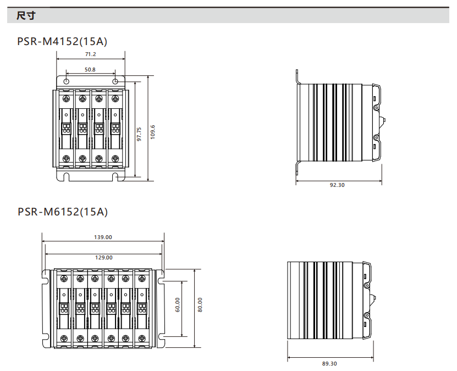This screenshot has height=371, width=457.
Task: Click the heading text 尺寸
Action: tap(26, 15)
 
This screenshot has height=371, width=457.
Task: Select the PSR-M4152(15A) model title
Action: tap(62, 41)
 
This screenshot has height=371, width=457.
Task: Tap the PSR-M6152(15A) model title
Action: tap(63, 212)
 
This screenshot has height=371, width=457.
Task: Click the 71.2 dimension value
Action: tap(90, 54)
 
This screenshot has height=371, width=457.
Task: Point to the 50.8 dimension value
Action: tap(90, 70)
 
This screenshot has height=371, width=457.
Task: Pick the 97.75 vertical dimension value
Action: tap(139, 134)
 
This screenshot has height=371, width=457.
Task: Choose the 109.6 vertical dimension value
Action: tap(152, 132)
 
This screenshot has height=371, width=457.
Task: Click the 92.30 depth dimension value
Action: tap(337, 185)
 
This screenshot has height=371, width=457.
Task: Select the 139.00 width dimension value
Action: tap(103, 237)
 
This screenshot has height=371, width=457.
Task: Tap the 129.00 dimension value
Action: tap(104, 257)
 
